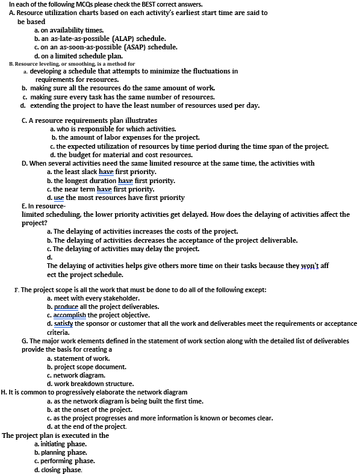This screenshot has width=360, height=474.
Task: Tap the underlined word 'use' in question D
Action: coord(58,198)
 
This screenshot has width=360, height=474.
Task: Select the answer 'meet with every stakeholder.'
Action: coord(96,298)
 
